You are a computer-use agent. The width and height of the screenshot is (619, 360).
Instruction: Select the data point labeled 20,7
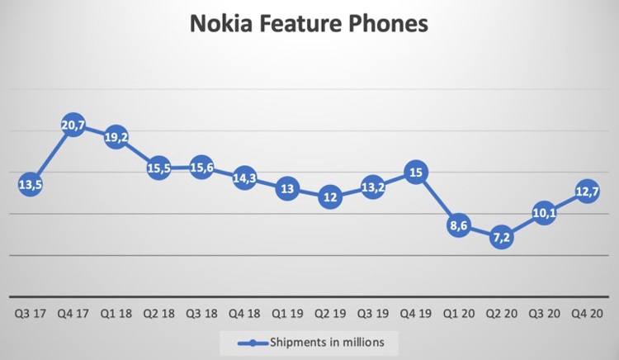point(73,127)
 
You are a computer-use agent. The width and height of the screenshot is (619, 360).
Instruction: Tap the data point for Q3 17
point(30,185)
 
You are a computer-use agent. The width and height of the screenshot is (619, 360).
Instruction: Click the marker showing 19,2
point(116,139)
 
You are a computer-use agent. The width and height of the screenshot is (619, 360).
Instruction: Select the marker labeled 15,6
point(201,168)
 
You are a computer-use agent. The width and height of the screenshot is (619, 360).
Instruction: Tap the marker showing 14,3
point(244,178)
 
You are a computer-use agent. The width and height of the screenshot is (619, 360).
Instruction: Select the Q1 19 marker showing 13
point(287,188)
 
